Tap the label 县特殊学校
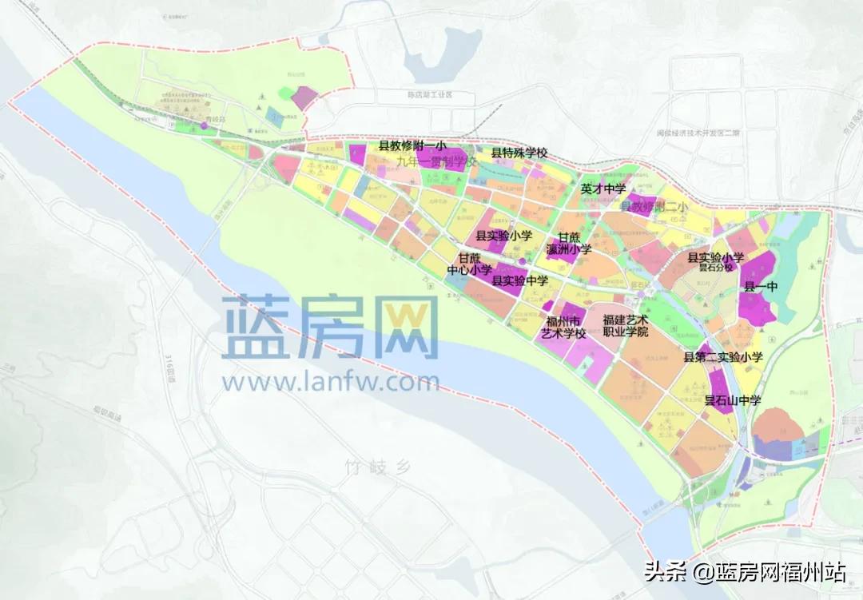coord(519,153)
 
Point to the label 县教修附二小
coord(654,207)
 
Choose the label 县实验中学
coord(519,280)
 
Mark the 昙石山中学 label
coord(733,399)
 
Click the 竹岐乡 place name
coord(377,466)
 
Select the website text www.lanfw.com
coord(331,382)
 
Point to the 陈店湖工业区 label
coord(430,94)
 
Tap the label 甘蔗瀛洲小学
coord(569,243)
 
